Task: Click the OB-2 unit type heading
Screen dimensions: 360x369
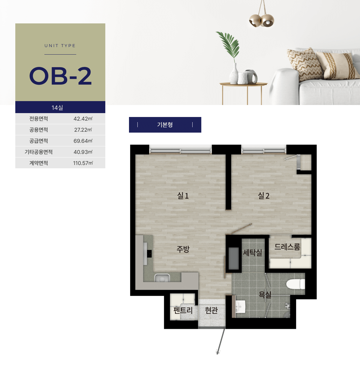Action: coord(61,76)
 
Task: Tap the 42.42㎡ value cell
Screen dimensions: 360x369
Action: coord(83,119)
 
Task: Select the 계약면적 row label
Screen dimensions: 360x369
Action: coord(39,163)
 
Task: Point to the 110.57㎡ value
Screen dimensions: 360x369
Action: coord(83,163)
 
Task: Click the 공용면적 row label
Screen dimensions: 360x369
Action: coord(39,130)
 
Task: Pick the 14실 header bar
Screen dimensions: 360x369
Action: coord(60,107)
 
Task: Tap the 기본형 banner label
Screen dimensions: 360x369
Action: coord(165,124)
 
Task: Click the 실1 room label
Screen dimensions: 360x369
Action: coord(183,196)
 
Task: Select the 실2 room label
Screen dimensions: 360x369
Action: coord(264,196)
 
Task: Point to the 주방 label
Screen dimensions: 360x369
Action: coord(183,249)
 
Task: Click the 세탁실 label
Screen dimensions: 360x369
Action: coord(253,252)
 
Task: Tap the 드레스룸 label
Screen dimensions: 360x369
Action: coord(287,247)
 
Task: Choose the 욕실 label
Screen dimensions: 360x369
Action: coord(265,295)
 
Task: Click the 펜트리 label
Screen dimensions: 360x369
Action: coord(183,310)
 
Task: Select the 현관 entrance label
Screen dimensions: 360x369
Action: coord(211,310)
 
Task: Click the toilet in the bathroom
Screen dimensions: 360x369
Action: coord(295,284)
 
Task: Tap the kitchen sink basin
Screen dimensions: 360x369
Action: coord(162,278)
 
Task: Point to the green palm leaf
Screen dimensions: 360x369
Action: coord(228,45)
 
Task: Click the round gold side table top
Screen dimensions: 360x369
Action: coord(243,84)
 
